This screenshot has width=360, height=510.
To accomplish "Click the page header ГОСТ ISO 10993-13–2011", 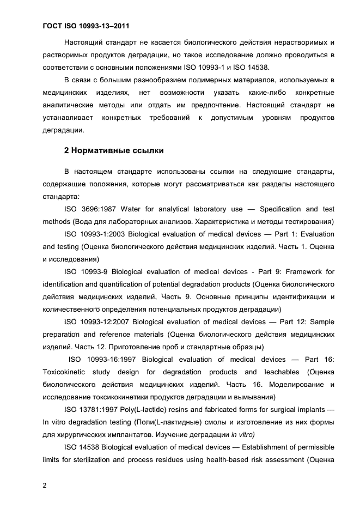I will click(86, 26).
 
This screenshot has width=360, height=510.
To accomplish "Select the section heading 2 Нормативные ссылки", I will click(114, 150).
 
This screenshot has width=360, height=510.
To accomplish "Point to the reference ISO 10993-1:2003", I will click(96, 234).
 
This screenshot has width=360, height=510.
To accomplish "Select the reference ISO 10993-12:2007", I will click(97, 322).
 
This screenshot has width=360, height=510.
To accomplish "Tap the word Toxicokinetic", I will click(66, 372).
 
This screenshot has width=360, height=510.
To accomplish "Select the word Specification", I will click(280, 209).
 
